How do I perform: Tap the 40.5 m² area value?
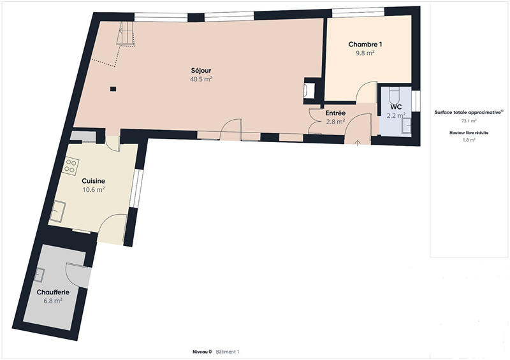coord(201,79)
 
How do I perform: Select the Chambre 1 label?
coord(365,44)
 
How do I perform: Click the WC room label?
coord(396,106)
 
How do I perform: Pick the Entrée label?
coord(335,113)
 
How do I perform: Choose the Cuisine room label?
coord(93,181)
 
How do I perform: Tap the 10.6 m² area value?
coord(93,189)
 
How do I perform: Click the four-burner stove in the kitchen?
coord(70,167)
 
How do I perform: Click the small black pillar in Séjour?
coord(113,89)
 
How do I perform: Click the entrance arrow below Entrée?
coord(357,141)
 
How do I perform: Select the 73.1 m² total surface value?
coord(469,120)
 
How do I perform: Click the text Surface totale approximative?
coord(469,112)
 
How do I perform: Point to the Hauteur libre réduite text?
coord(469,133)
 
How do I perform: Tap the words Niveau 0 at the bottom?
coord(202,352)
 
